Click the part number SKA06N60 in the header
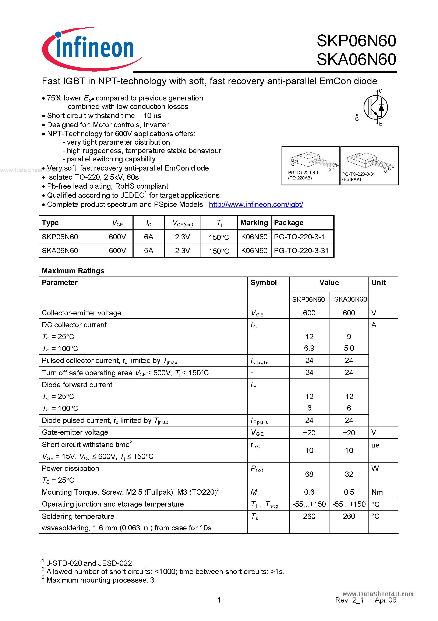(x=356, y=59)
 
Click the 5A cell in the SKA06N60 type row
(x=149, y=251)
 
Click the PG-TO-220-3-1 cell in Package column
(x=299, y=237)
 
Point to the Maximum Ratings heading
(x=73, y=271)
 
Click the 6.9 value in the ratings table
(x=309, y=348)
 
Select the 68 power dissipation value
(x=309, y=474)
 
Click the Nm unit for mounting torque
(x=377, y=492)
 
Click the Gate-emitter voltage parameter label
(x=75, y=432)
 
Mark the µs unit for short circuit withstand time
(x=375, y=445)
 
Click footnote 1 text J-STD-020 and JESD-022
(x=89, y=563)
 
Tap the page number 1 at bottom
(x=219, y=600)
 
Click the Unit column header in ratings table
(x=379, y=283)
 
